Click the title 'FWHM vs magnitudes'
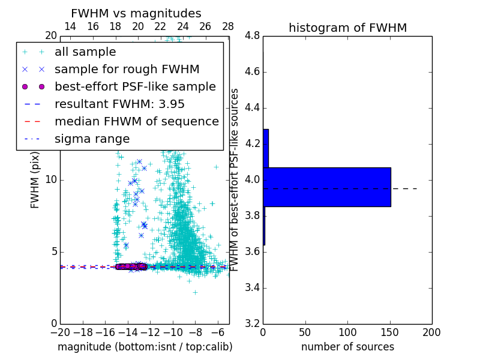click(136, 13)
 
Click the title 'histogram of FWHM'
click(347, 28)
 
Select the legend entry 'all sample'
click(85, 52)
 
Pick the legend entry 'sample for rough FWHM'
click(127, 70)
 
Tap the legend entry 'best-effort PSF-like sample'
click(135, 87)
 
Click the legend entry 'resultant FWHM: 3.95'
click(119, 104)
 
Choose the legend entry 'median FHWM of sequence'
click(136, 122)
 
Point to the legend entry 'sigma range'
click(92, 139)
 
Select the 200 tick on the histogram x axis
click(431, 332)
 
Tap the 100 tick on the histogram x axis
click(347, 332)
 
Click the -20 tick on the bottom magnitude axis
click(60, 332)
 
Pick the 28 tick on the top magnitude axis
click(228, 27)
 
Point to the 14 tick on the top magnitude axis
click(70, 27)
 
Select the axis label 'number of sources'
click(347, 347)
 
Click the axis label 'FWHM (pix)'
click(35, 180)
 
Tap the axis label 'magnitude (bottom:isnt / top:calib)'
click(145, 347)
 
